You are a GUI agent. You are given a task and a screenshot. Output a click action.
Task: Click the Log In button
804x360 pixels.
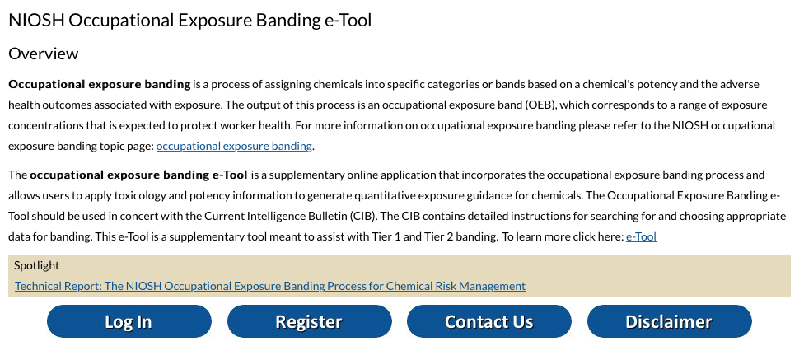coord(129,321)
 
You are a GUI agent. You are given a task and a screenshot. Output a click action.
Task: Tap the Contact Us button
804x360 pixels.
coord(488,321)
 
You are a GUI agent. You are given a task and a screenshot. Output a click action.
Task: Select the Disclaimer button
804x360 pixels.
coord(669,321)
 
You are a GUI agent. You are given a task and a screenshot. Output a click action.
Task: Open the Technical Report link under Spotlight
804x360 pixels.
coord(270,286)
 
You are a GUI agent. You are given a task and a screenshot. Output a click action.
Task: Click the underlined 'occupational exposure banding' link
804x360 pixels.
coord(234,147)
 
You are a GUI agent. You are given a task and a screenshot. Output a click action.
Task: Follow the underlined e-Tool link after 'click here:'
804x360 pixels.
coord(641,237)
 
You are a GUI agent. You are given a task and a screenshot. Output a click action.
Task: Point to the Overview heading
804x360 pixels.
coord(44,54)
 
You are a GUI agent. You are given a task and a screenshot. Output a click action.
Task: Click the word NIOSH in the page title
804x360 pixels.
coord(35,21)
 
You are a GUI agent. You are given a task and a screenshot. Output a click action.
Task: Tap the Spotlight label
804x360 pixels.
coord(37,265)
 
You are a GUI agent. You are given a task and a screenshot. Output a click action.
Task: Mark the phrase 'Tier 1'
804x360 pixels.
coord(404,237)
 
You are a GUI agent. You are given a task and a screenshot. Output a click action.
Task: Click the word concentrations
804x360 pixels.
coord(44,126)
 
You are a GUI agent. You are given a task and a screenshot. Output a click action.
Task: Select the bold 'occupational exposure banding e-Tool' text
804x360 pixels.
coord(138,175)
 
